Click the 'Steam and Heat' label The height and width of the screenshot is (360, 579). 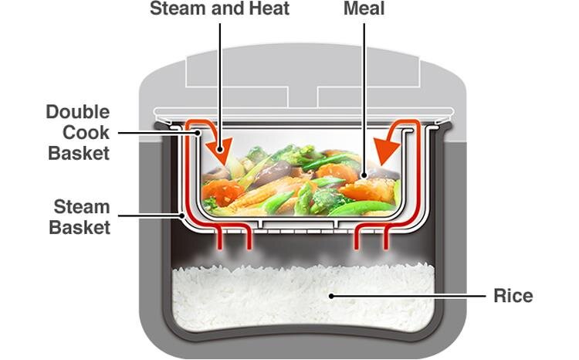click(x=219, y=9)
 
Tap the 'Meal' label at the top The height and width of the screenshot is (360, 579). click(x=364, y=9)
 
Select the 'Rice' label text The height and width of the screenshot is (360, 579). click(x=513, y=296)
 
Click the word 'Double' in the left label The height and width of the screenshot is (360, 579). click(x=78, y=112)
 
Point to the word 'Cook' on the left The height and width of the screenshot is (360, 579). click(x=86, y=132)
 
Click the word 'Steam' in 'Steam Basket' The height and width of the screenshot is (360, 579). click(x=82, y=207)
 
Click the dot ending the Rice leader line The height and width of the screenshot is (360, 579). click(x=332, y=295)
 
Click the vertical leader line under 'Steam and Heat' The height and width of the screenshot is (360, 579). click(x=220, y=77)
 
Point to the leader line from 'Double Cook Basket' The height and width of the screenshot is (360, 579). click(x=154, y=133)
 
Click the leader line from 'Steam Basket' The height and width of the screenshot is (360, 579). click(x=147, y=216)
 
